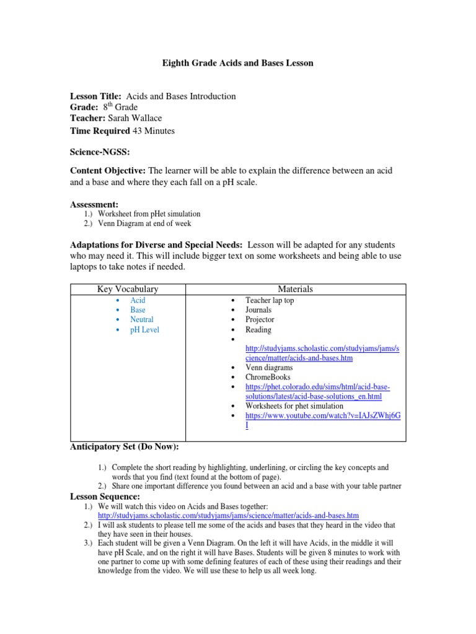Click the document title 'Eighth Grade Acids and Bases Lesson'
point(238,63)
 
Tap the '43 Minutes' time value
point(154,131)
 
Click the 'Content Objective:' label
point(108,170)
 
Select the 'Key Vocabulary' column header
point(129,289)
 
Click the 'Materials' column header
point(296,289)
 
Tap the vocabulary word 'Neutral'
point(142,319)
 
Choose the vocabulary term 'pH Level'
point(144,330)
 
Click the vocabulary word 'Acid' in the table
point(138,300)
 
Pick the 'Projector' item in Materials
point(260,319)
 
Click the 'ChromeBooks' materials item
point(268,376)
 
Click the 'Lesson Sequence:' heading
point(105,497)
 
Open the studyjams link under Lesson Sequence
point(228,515)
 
